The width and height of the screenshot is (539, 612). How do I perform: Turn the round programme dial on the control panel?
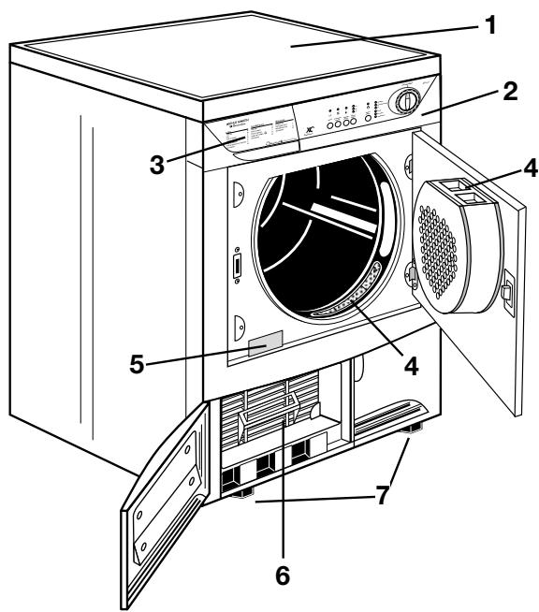coord(403,100)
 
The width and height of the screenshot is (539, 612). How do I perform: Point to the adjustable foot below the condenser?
coord(244,493)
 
